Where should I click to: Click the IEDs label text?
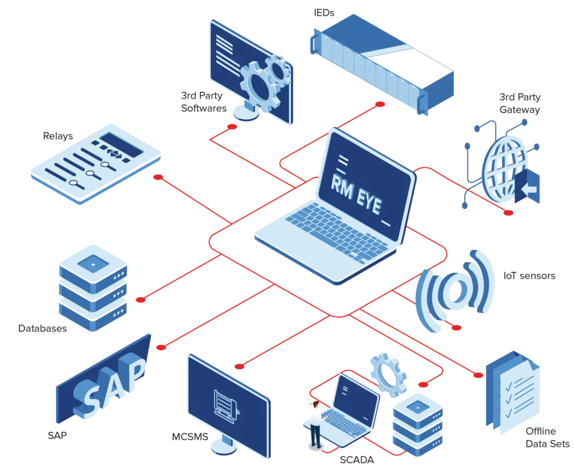[x=324, y=12]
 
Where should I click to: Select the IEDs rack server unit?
[x=381, y=65]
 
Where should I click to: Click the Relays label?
[x=58, y=136]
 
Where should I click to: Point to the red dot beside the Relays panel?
[x=158, y=177]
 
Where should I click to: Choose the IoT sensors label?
[x=529, y=276]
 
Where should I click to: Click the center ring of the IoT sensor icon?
[x=453, y=289]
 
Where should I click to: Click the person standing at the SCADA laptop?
[x=316, y=424]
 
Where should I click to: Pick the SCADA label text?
[x=357, y=460]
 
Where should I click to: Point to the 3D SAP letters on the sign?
[x=112, y=385]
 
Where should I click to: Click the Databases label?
[x=43, y=328]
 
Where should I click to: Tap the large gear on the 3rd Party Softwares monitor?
[x=257, y=85]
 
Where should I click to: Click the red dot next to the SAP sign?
[x=161, y=347]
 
